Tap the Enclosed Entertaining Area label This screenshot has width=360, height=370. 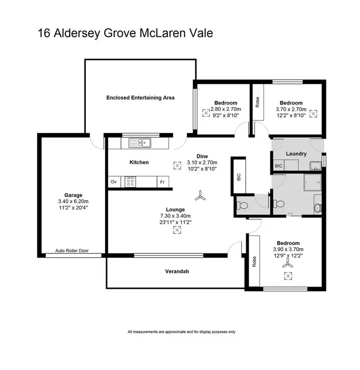tap(140, 97)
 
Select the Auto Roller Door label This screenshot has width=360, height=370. tap(72, 251)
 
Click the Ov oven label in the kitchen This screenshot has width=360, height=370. tap(114, 182)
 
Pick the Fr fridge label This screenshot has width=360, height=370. tap(162, 182)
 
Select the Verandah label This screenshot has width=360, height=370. tap(178, 272)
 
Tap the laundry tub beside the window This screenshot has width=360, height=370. tap(315, 166)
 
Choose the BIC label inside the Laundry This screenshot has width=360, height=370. tap(278, 166)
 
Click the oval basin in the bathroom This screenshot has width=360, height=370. tap(317, 208)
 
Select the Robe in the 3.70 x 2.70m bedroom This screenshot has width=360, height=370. tap(258, 103)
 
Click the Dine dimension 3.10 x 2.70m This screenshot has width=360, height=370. tap(202, 163)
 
